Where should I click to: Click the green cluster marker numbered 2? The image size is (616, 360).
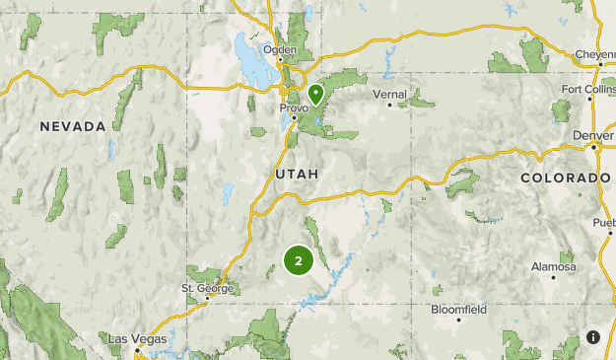click(299, 260)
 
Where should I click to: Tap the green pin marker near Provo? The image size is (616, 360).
click(316, 95)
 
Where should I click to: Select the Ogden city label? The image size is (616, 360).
click(279, 48)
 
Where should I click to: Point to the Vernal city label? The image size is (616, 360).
click(388, 94)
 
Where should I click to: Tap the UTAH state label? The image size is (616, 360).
click(297, 174)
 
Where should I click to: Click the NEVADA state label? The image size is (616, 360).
click(73, 126)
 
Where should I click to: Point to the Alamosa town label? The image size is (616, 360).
click(553, 267)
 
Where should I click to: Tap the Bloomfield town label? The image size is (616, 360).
click(458, 309)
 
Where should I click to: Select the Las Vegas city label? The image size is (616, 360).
click(130, 339)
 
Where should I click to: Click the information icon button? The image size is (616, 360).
click(593, 337)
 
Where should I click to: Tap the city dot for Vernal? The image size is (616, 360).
click(389, 105)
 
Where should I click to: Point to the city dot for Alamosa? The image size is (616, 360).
click(553, 277)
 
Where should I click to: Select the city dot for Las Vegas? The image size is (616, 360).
click(139, 349)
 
